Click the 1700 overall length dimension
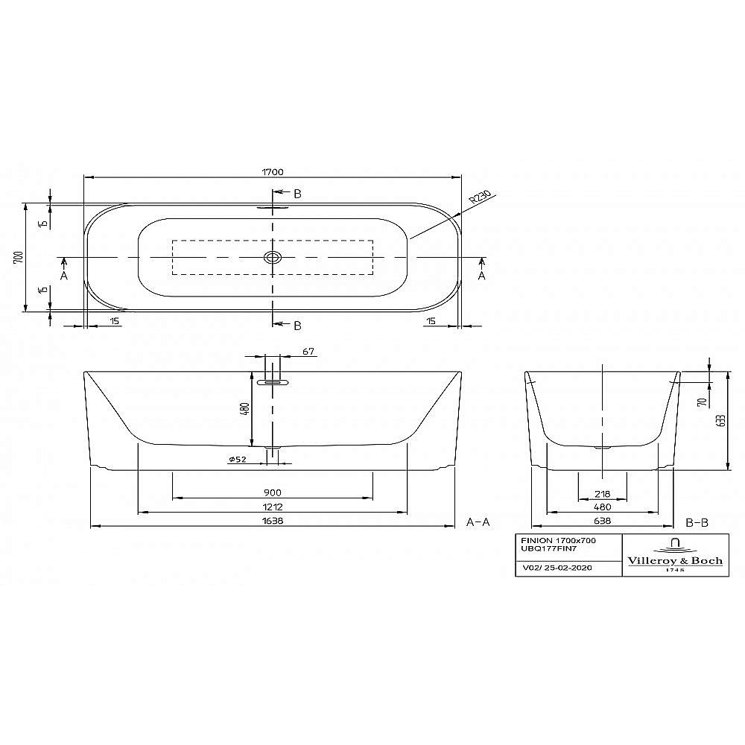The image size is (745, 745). pyautogui.click(x=273, y=171)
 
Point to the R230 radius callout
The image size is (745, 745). pyautogui.click(x=480, y=197)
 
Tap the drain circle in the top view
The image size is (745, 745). pyautogui.click(x=273, y=258)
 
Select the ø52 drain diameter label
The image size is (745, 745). pyautogui.click(x=238, y=459)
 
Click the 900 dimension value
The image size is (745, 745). pyautogui.click(x=273, y=492)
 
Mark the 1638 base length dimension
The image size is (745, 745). pyautogui.click(x=273, y=522)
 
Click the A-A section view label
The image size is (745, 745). pyautogui.click(x=478, y=522)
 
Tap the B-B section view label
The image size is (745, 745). pyautogui.click(x=697, y=522)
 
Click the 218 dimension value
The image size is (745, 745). pyautogui.click(x=602, y=492)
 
